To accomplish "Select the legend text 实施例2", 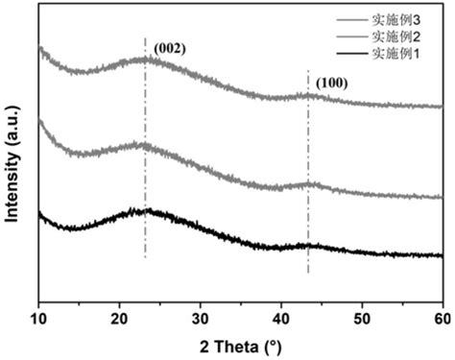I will (x=401, y=36).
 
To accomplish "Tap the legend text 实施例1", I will (x=401, y=52).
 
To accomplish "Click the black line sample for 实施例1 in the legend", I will (x=356, y=52).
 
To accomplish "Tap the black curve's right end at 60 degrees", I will (x=441, y=255).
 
